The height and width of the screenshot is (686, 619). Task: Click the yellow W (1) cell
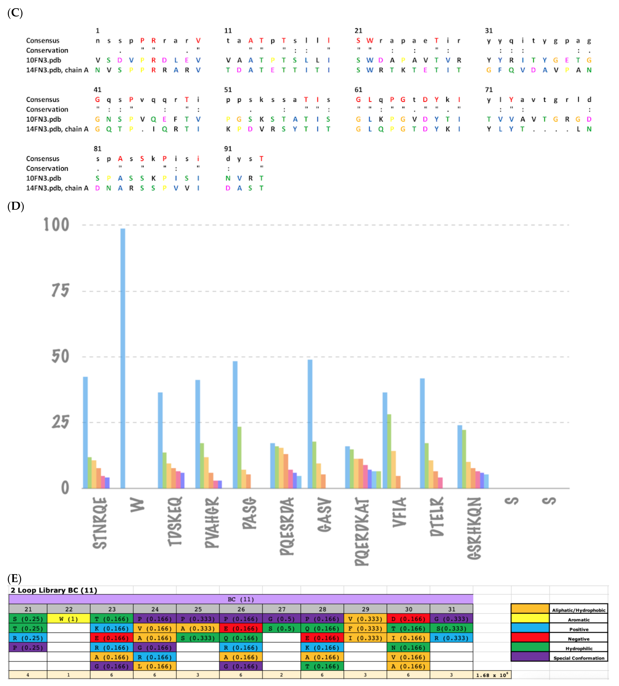69,619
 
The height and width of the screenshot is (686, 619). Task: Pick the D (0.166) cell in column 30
408,619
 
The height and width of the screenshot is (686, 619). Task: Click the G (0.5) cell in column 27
282,619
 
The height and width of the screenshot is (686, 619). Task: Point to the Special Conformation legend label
579,658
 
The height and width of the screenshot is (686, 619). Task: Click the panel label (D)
15,206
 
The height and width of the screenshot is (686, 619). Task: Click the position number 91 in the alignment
228,149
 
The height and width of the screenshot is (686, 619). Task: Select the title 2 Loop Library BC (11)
54,590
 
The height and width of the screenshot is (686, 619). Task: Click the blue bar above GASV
310,424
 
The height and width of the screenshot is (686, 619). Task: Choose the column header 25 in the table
198,609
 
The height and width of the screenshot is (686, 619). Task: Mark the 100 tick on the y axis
56,225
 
